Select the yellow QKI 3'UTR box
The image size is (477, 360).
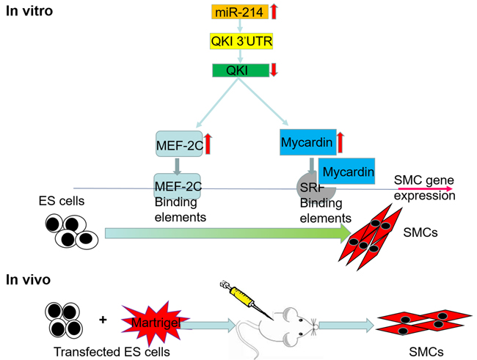coord(242,42)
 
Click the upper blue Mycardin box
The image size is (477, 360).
coord(307,140)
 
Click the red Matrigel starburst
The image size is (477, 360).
coord(156,320)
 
